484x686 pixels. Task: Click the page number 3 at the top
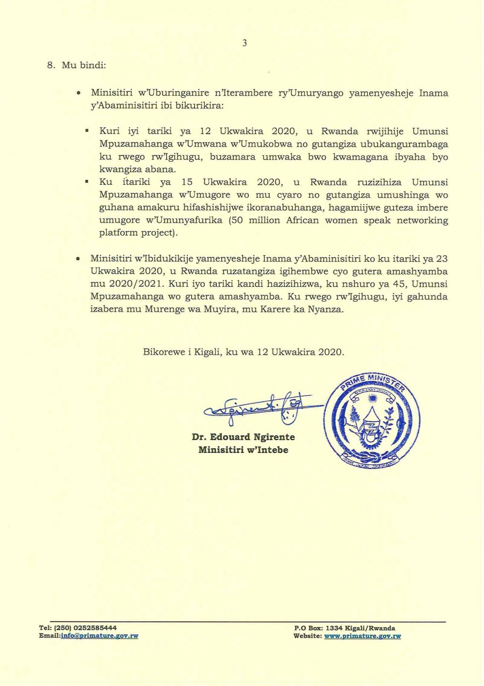point(244,43)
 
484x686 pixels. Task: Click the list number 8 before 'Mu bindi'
point(51,65)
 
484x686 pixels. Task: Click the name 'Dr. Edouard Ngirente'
point(243,437)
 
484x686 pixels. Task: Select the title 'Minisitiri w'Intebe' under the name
point(243,450)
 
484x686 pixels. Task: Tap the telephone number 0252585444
point(95,628)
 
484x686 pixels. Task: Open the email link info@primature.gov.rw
point(100,636)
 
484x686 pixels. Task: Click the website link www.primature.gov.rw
point(363,636)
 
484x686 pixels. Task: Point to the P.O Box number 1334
point(334,628)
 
